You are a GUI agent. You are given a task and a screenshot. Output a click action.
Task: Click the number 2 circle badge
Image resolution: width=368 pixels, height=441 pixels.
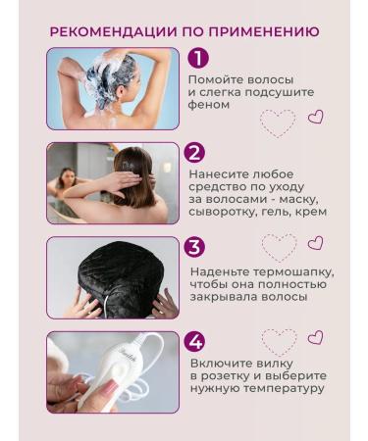pyautogui.click(x=195, y=152)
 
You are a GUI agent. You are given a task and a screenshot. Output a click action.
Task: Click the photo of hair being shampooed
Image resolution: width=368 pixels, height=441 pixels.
pyautogui.click(x=113, y=88)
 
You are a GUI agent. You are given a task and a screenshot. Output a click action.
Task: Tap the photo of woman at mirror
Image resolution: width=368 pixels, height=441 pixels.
pyautogui.click(x=113, y=183)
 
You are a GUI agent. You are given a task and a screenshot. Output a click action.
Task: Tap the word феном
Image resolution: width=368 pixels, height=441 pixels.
pyautogui.click(x=209, y=104)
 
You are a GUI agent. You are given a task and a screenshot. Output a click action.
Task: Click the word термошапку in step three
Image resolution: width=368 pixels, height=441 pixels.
pyautogui.click(x=290, y=269)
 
